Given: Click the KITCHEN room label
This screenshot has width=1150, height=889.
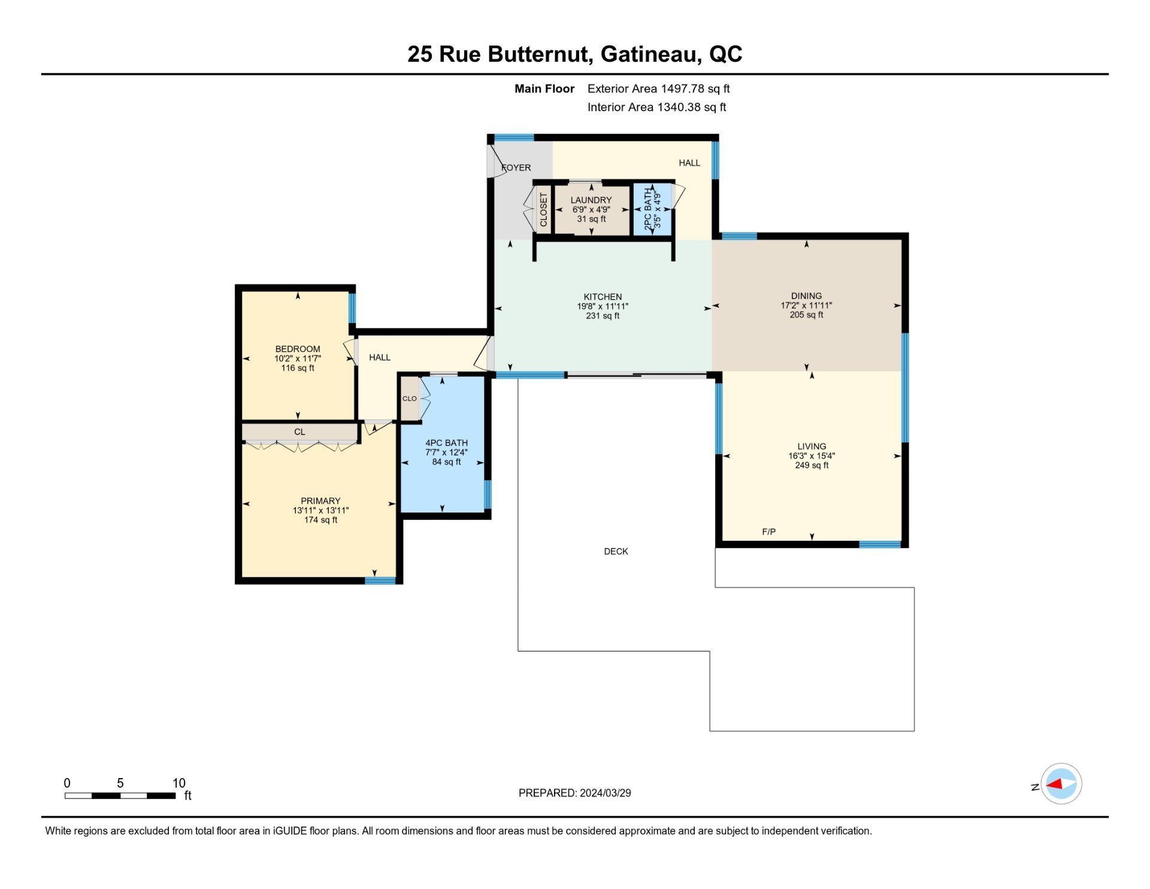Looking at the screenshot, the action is pos(603,297).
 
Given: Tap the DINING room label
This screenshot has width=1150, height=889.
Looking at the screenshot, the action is pos(806,296).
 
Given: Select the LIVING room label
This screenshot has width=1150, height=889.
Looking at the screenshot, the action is pos(812,446).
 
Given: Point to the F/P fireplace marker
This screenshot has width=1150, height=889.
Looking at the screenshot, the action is pos(768,532).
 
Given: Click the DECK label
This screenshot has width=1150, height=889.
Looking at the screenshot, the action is pos(616,552).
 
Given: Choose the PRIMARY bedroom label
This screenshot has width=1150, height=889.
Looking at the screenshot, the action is pos(320,501).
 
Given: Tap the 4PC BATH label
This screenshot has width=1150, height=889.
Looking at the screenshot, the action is pos(446,443).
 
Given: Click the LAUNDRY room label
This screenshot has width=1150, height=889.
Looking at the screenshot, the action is pos(591,200).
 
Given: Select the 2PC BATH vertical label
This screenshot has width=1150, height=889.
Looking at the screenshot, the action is pos(648,209).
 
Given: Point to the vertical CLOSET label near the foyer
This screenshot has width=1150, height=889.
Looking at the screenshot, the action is pos(543,210).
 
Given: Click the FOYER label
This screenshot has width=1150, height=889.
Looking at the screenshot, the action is pos(516,168).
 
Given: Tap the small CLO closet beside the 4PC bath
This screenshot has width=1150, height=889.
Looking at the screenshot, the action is pos(410,399).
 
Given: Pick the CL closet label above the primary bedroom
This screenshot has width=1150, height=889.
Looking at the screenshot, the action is pos(299,432).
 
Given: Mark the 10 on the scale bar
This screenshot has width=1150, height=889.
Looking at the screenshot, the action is pos(178,783).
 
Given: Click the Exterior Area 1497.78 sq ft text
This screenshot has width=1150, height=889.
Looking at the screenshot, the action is pos(658,89).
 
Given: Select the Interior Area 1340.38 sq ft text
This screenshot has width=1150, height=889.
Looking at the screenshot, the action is pos(656,107).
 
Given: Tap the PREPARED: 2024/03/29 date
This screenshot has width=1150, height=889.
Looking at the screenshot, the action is pos(574,793).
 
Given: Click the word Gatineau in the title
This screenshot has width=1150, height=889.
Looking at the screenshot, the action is pos(651,55).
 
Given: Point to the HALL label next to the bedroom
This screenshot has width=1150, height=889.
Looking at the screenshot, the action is pos(380,357).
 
